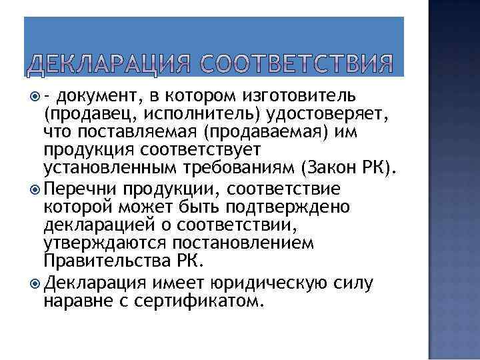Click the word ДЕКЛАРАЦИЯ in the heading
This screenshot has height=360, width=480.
pyautogui.click(x=107, y=65)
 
